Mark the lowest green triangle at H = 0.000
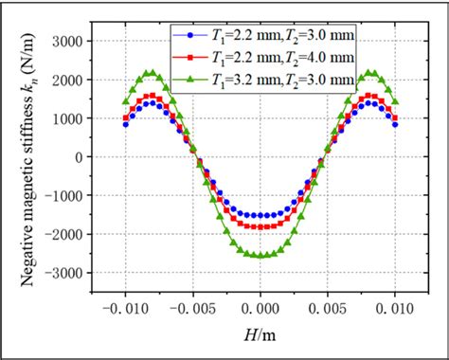[260, 255]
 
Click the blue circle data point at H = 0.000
[260, 215]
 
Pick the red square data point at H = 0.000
[260, 226]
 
